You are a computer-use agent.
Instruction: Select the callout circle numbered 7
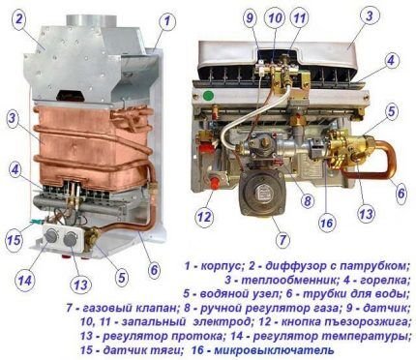click(282, 238)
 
